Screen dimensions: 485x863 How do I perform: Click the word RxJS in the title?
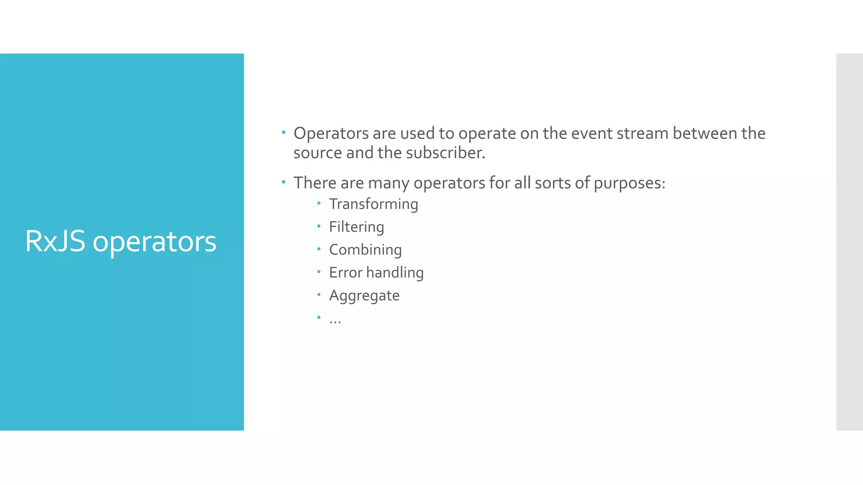pos(55,242)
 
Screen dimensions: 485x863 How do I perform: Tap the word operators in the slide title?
pos(154,242)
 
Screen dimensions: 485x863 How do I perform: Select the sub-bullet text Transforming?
pos(373,204)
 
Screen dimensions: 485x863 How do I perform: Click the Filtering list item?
pos(356,227)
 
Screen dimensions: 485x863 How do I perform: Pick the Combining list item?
pos(365,250)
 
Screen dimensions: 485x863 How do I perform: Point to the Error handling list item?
pos(376,273)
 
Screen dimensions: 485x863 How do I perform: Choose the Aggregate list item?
pos(364,296)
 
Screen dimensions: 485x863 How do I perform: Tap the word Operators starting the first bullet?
pos(331,133)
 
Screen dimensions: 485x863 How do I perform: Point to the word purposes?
pos(629,184)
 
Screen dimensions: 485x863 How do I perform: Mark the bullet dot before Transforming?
pos(319,204)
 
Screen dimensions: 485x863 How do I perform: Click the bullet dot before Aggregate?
pos(319,295)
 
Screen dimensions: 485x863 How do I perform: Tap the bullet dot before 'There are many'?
pos(284,182)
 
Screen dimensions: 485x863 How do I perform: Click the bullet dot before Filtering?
pos(319,227)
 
